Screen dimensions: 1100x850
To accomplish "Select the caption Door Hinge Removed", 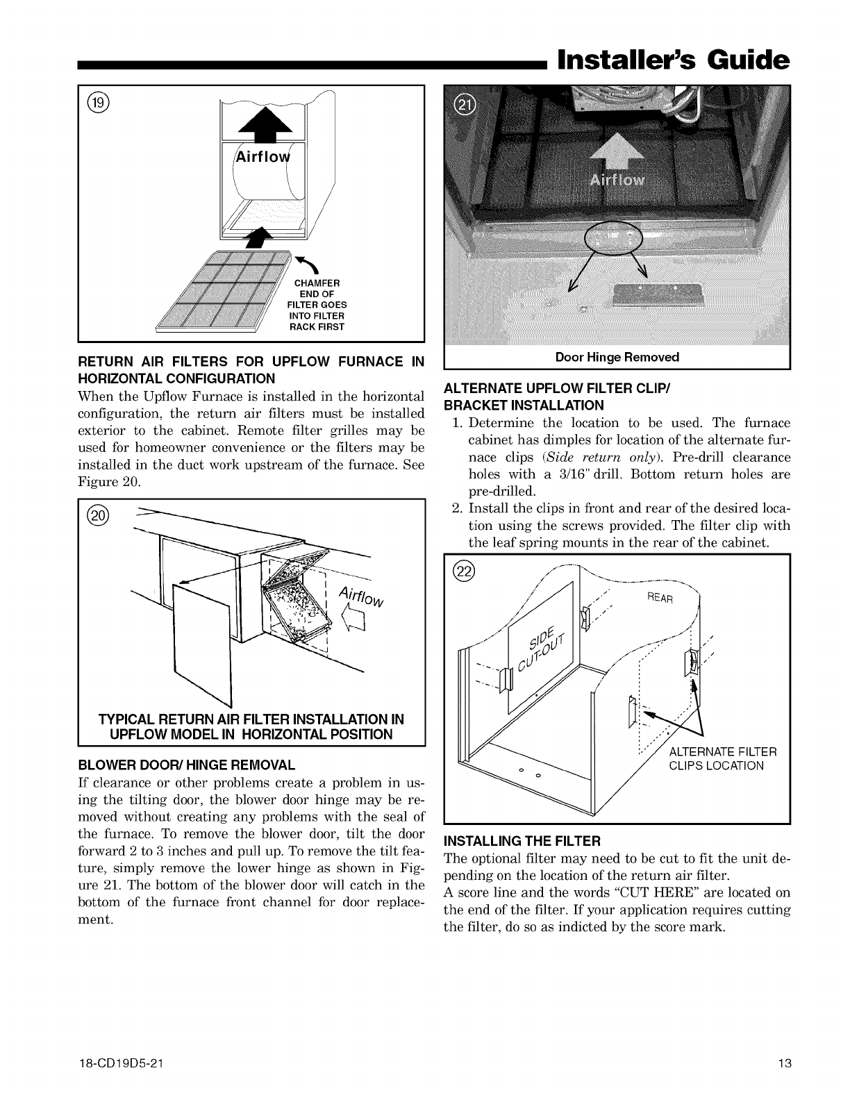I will (x=617, y=358).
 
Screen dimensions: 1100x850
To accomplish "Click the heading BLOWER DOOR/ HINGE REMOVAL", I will (x=187, y=765).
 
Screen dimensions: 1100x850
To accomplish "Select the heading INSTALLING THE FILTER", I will (x=522, y=842).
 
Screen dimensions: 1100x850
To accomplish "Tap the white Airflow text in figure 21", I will (x=617, y=181).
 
